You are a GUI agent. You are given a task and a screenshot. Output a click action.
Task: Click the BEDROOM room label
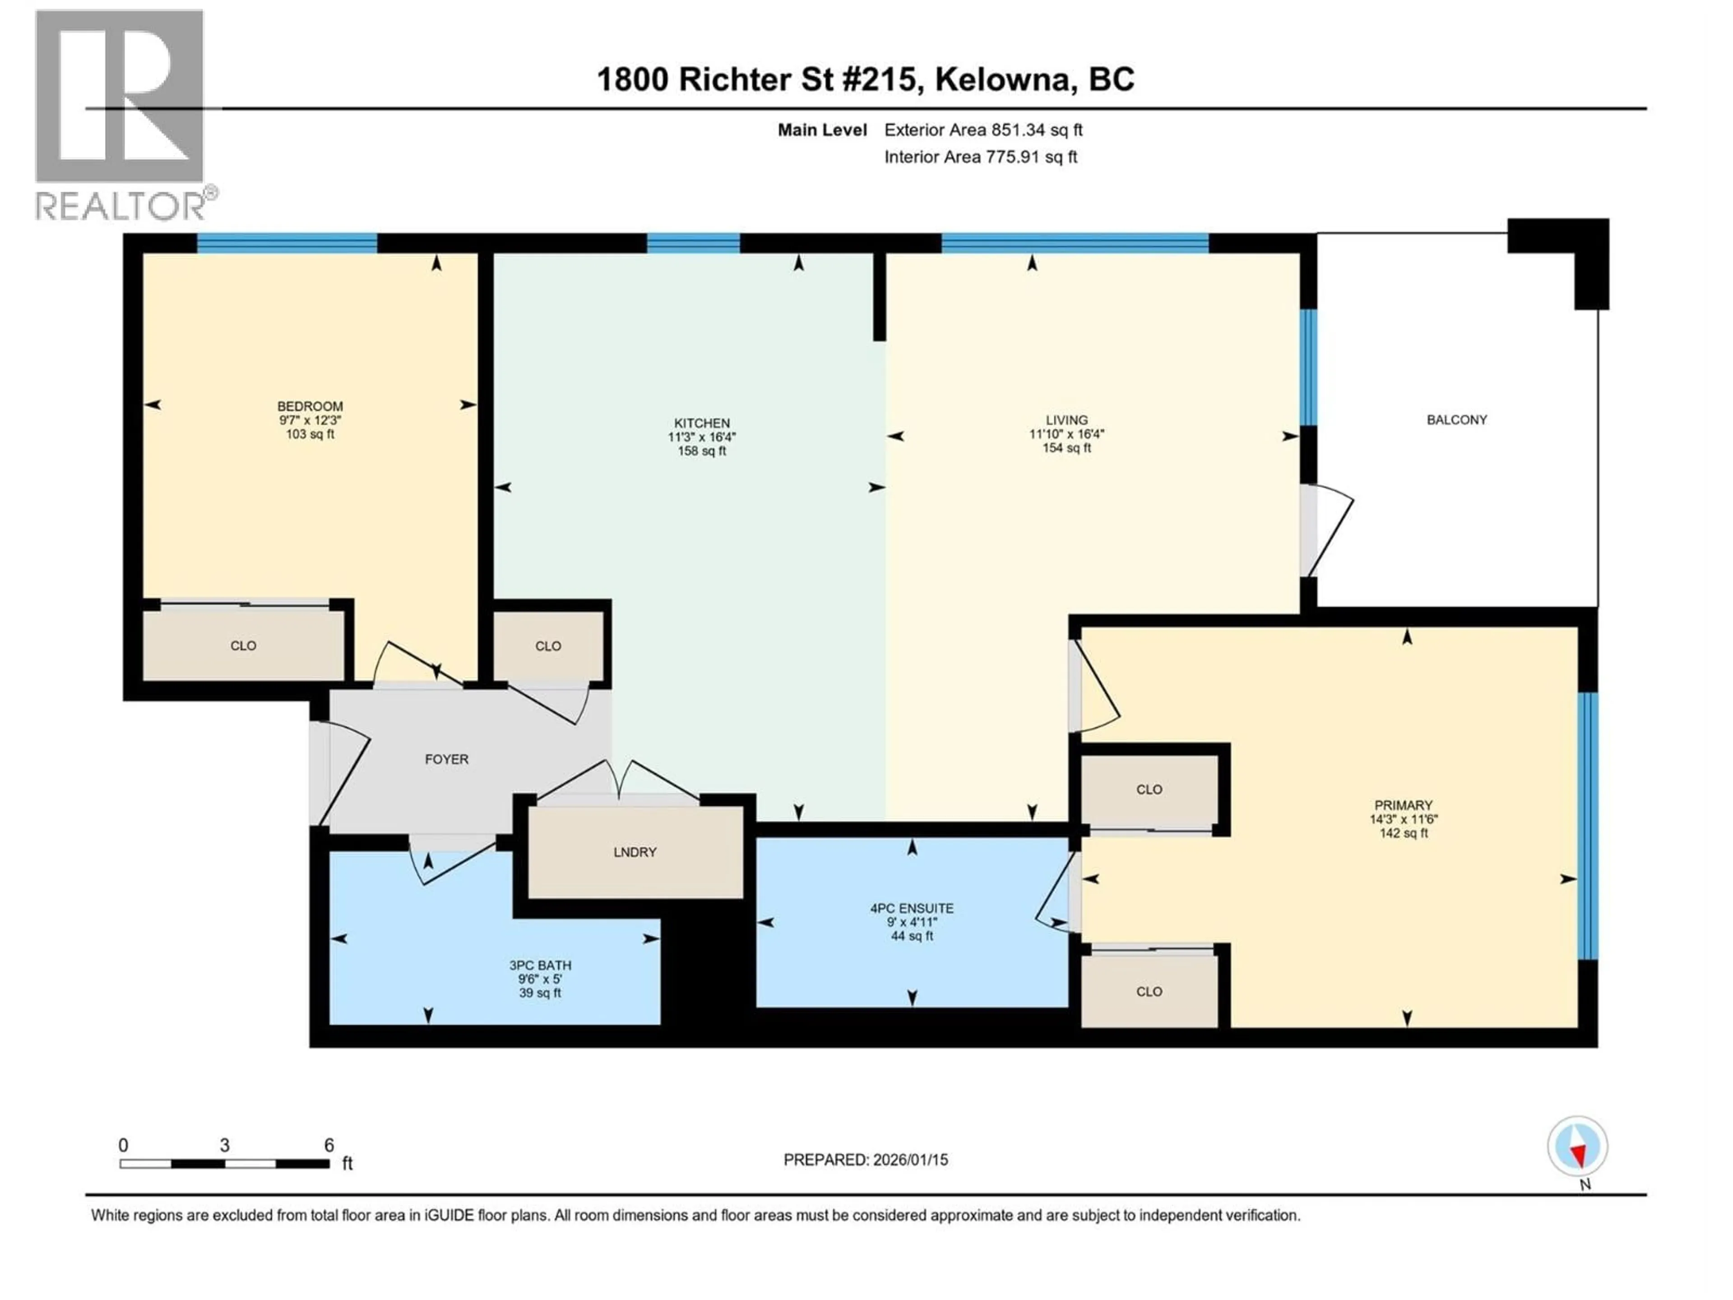coord(310,406)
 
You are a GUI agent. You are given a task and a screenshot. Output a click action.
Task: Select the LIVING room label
coord(1066,420)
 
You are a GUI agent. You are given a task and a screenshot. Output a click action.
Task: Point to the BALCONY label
coord(1456,420)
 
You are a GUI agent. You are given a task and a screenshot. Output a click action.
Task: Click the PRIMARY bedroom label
coord(1403,805)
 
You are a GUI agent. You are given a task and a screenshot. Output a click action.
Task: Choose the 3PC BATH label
coord(540,966)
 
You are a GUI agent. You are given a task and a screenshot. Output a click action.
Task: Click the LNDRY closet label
coord(635,852)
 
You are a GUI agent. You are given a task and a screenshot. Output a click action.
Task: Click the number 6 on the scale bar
coord(329,1145)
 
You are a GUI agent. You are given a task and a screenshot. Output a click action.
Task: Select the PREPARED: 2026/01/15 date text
coord(866,1160)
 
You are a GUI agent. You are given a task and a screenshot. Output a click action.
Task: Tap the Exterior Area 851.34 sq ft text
coord(983,130)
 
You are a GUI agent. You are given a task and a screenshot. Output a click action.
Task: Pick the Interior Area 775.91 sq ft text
coord(980,157)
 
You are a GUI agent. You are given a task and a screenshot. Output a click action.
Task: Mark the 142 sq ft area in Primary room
coord(1403,833)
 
